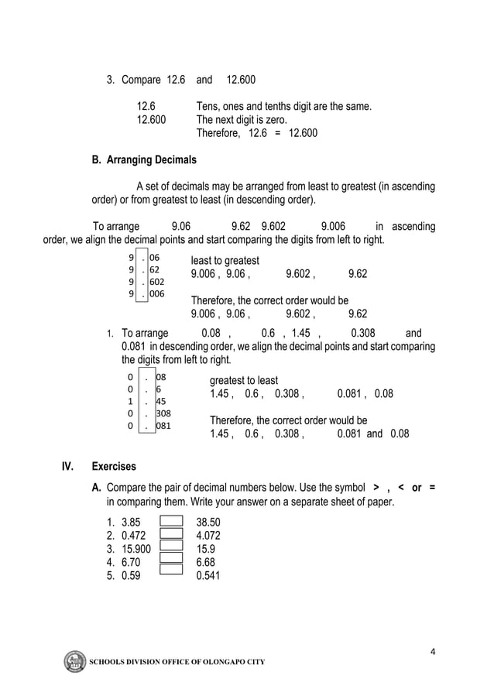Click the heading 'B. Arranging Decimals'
144,160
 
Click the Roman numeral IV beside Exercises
68,467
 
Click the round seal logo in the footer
75,663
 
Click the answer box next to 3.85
170,522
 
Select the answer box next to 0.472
170,534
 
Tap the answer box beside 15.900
170,547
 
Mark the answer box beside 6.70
170,558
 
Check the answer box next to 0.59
170,571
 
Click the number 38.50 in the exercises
210,523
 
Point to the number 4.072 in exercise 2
210,535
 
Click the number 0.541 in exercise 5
210,575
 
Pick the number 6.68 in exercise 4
207,561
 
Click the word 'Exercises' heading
114,467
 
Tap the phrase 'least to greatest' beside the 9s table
225,260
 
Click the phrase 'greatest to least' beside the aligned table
244,380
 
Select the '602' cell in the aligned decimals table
156,282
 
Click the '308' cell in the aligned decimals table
163,413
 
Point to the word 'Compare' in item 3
142,80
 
